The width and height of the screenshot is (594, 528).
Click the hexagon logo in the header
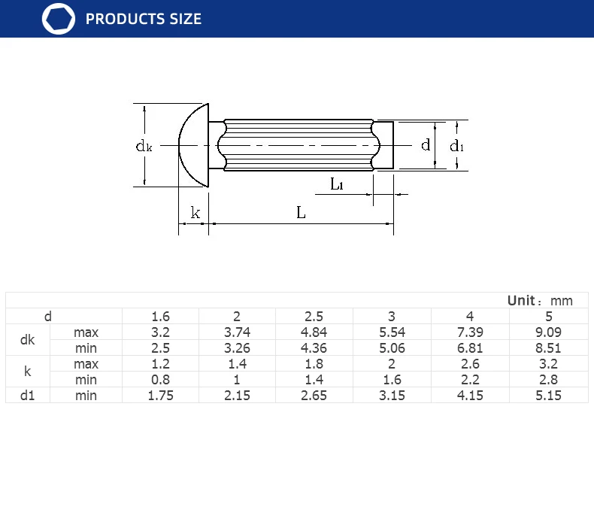coord(59,19)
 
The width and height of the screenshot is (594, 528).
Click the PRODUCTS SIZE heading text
coord(143,19)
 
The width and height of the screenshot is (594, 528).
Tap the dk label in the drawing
coord(144,146)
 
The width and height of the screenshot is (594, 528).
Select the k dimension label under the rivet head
coord(195,213)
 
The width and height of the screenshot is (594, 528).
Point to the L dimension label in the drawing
coord(301,213)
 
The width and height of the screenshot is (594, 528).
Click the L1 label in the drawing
coord(336,184)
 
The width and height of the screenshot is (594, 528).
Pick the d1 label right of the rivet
coord(456,146)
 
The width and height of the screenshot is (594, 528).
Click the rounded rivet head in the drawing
coord(193,145)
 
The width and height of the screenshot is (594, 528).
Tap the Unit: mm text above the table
coord(540,301)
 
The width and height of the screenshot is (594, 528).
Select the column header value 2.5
coord(314,316)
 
